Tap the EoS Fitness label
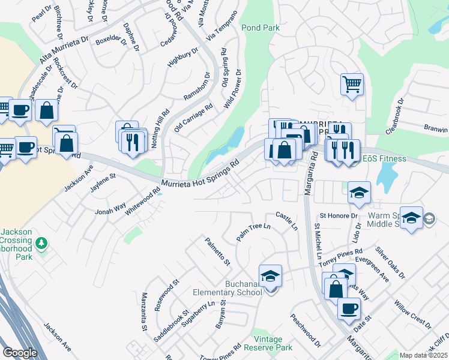[385, 159]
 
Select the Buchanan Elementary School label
[228, 287]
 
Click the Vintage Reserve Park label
[268, 343]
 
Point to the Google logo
[20, 353]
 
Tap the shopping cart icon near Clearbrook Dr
[352, 83]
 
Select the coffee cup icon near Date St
[349, 308]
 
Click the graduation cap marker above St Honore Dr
[358, 192]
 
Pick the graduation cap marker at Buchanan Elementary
[271, 275]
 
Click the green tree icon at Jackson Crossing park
[41, 244]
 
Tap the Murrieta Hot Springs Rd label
[200, 173]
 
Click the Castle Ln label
[286, 220]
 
